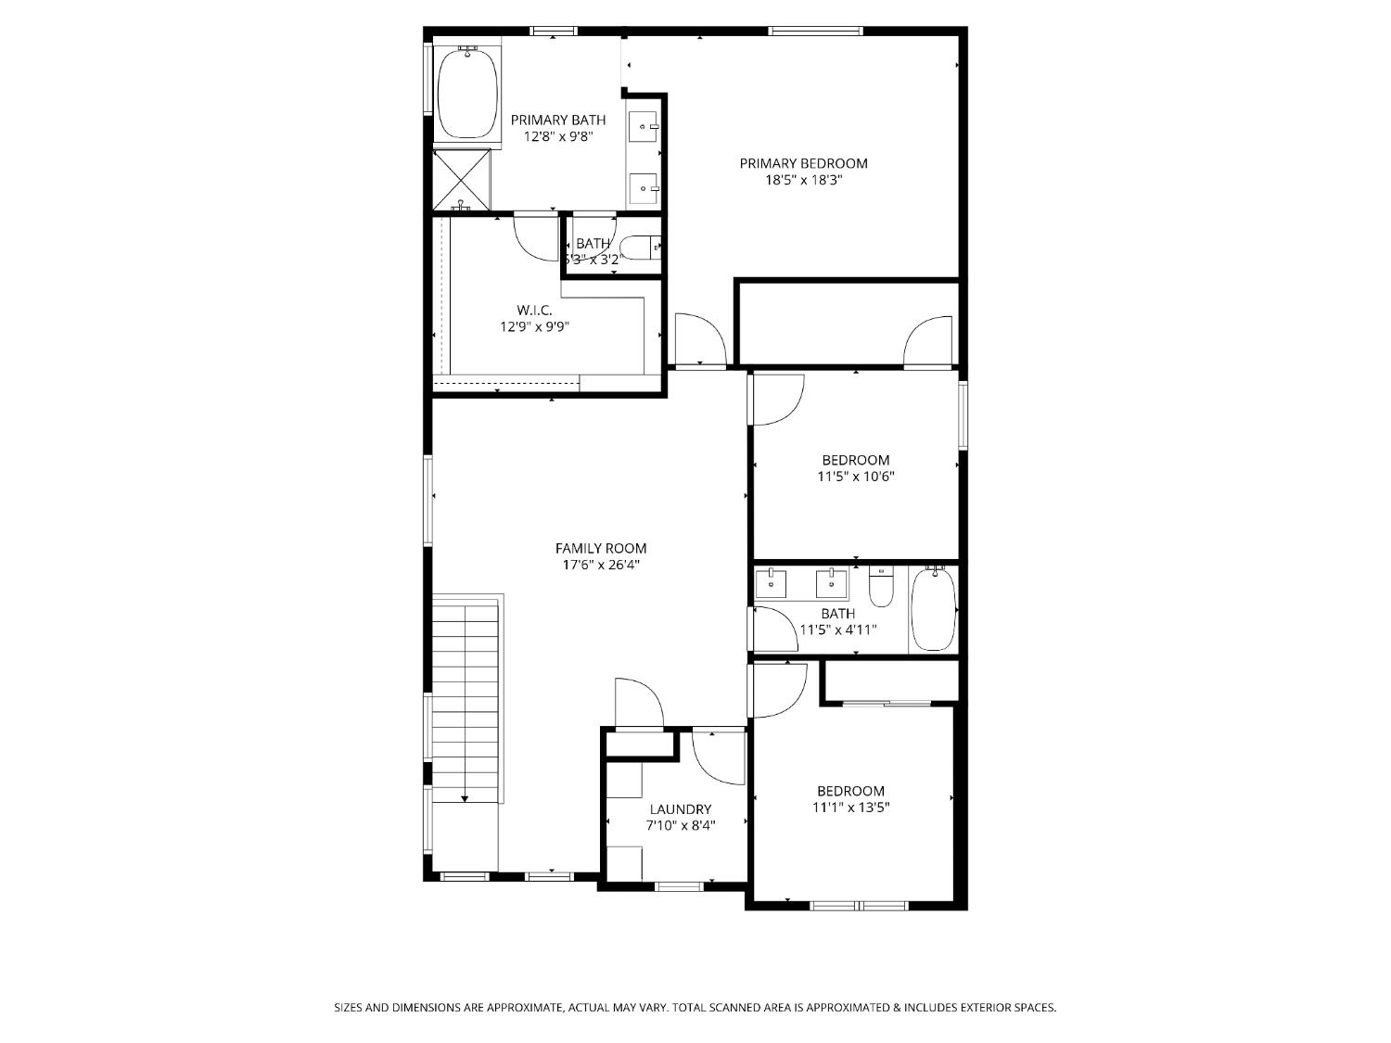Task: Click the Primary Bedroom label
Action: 803,163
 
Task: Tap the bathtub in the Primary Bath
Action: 466,94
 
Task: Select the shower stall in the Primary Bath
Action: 463,178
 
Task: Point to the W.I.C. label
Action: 534,310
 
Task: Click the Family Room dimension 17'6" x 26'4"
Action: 600,565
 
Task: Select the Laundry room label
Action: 680,809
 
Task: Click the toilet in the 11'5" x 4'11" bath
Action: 881,588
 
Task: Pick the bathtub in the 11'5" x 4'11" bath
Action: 933,610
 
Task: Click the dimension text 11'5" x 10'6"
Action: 855,477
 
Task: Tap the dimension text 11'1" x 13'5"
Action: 850,808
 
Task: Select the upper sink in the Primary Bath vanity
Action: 643,125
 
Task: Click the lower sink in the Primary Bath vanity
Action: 643,188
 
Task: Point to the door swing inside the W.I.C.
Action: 535,238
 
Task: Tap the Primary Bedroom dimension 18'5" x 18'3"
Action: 803,181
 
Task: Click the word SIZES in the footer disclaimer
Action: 349,1007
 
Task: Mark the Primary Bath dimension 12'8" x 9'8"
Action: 557,136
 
